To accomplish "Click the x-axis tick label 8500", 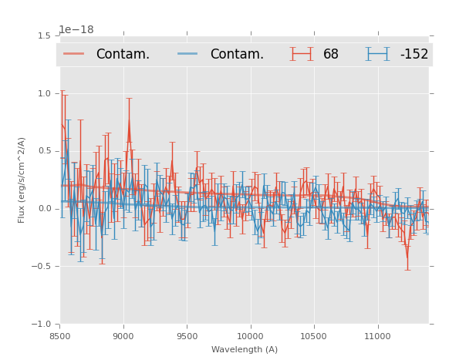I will [60, 335].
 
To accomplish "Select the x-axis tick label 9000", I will [123, 335].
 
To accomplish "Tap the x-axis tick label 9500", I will [187, 335].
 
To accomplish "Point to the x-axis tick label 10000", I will [250, 335].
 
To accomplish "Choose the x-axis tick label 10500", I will [314, 335].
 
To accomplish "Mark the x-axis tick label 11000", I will [377, 335].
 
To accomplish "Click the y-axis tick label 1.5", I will [44, 35].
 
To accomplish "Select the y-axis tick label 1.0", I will [44, 93].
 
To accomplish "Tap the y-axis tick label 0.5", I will [44, 151].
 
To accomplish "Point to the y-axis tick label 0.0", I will [44, 209].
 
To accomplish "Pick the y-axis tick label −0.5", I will [42, 267].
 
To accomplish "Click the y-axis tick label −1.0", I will [42, 325].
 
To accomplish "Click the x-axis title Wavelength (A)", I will [245, 349].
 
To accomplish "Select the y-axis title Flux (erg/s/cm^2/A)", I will [22, 180].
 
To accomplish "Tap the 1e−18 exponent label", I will [76, 30].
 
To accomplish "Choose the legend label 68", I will [331, 54].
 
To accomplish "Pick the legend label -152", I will [414, 54].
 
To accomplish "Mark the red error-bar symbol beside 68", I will [302, 54].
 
